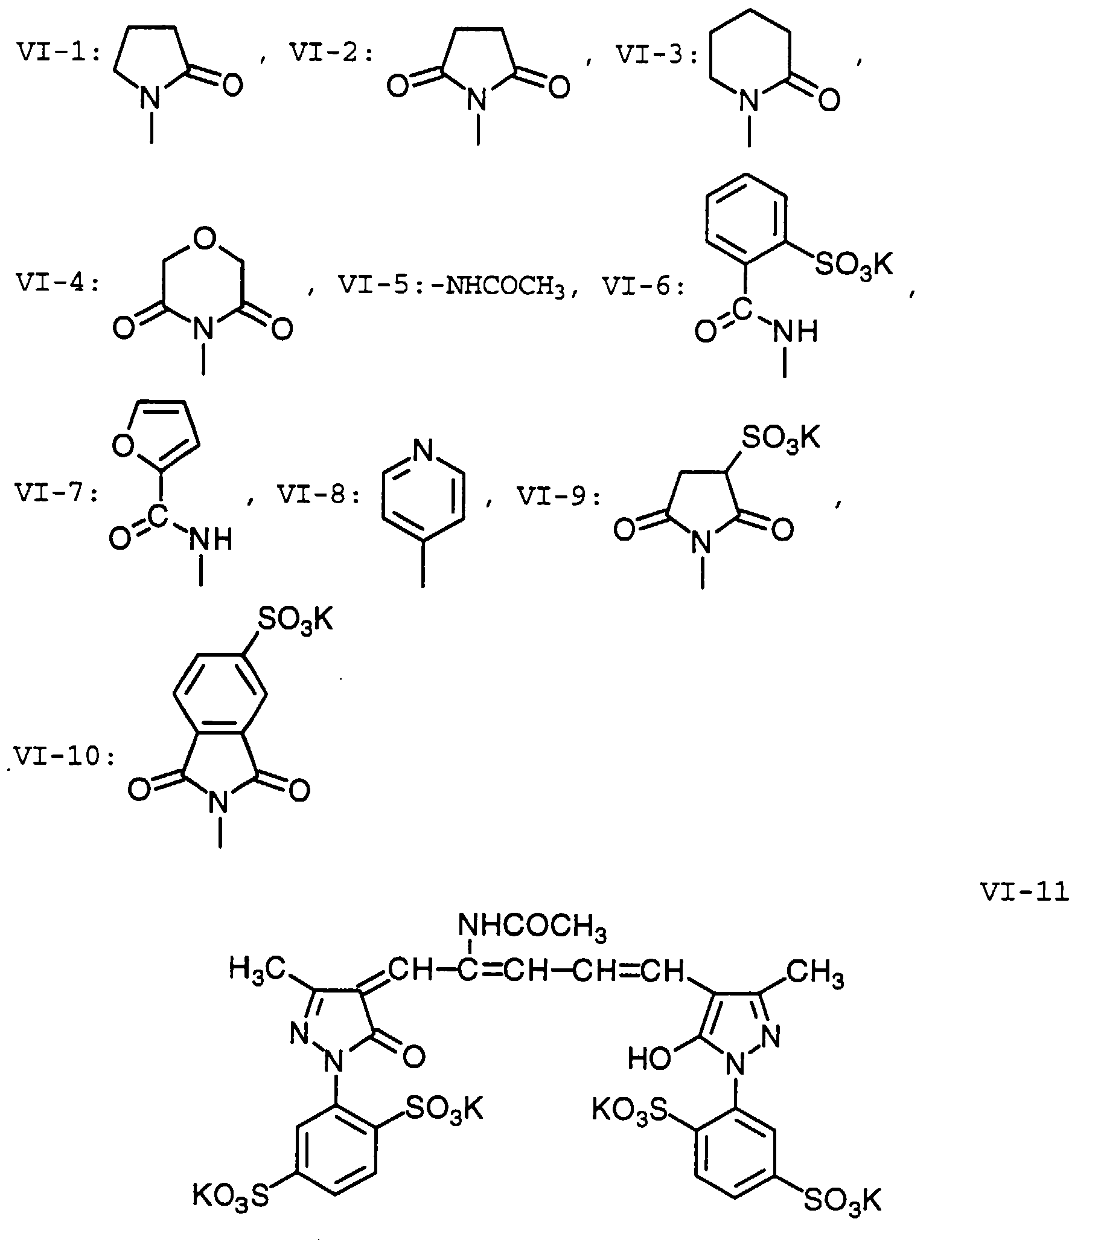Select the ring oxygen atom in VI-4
click(x=204, y=239)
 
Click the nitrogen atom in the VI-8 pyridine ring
click(x=423, y=451)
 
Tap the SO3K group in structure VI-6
click(x=854, y=265)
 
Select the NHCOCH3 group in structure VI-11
click(x=532, y=927)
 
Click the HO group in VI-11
click(x=649, y=1059)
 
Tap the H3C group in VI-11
click(x=257, y=968)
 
